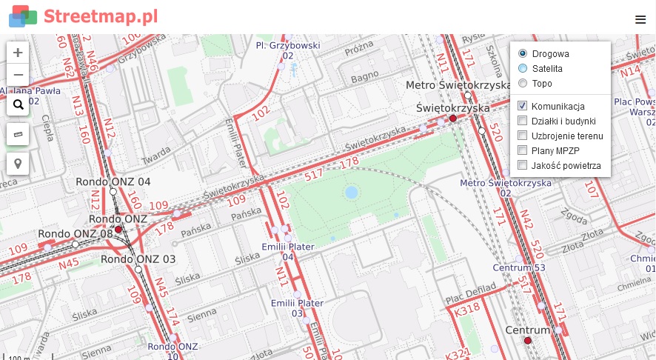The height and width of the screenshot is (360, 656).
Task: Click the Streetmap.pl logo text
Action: pyautogui.click(x=101, y=16)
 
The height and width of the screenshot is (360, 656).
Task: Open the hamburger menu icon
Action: pyautogui.click(x=640, y=20)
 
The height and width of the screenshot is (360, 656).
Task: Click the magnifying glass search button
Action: pyautogui.click(x=18, y=104)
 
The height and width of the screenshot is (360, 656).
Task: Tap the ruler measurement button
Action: pyautogui.click(x=18, y=134)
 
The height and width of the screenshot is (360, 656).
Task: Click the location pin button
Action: pyautogui.click(x=18, y=164)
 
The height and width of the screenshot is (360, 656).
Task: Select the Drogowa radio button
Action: pyautogui.click(x=523, y=53)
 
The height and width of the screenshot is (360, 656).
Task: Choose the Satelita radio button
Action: pyautogui.click(x=523, y=68)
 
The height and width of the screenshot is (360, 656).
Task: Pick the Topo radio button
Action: pyautogui.click(x=523, y=83)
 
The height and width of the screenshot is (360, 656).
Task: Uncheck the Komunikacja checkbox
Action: pyautogui.click(x=523, y=106)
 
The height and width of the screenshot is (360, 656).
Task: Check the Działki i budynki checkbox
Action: pyautogui.click(x=523, y=121)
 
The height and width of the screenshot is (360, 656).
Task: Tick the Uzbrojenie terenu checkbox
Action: pyautogui.click(x=523, y=136)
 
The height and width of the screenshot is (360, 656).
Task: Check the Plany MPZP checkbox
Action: pyautogui.click(x=523, y=150)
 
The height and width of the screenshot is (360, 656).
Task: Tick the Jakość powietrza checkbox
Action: pyautogui.click(x=523, y=165)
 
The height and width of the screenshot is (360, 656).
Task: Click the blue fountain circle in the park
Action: pyautogui.click(x=352, y=193)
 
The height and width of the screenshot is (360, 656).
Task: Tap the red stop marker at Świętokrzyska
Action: pyautogui.click(x=453, y=119)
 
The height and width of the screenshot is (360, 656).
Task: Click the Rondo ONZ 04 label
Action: pyautogui.click(x=114, y=181)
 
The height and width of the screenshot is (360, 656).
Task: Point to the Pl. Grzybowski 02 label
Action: pyautogui.click(x=287, y=50)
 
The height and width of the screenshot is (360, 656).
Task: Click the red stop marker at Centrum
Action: pyautogui.click(x=528, y=341)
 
